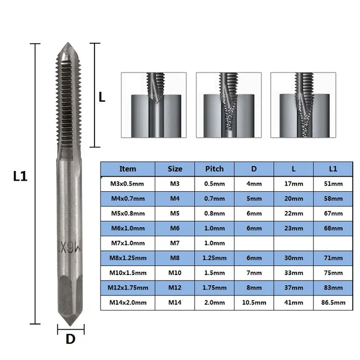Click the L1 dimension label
(x=20, y=176)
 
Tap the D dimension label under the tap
(x=70, y=339)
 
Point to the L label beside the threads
(x=102, y=97)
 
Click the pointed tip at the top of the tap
(x=70, y=46)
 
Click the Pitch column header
(x=214, y=168)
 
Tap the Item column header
(x=128, y=168)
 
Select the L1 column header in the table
(x=333, y=168)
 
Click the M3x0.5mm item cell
(x=128, y=183)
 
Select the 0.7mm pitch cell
(x=214, y=198)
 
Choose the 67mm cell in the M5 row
(x=333, y=213)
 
